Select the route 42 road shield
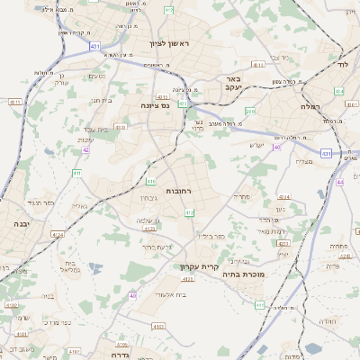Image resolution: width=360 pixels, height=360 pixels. tap(85, 150)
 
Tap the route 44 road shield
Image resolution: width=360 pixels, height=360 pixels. tap(339, 182)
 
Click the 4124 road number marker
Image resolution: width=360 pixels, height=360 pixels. tap(58, 234)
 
